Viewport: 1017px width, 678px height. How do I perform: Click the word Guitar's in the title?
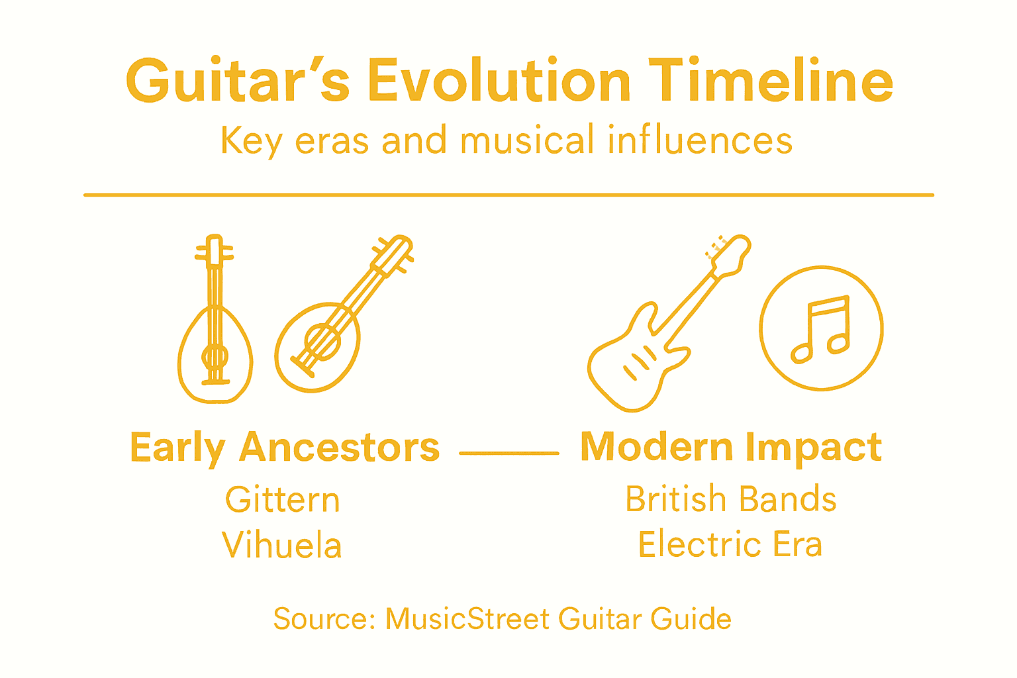[237, 81]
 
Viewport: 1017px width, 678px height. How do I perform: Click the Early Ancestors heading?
[285, 448]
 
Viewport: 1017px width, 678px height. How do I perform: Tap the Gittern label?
[283, 499]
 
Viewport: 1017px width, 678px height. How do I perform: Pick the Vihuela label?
[282, 546]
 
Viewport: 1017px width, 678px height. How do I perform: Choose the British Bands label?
[731, 499]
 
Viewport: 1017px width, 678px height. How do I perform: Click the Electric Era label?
[730, 544]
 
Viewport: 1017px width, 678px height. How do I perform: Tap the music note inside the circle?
[821, 328]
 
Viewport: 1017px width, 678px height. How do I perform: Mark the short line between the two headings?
[509, 453]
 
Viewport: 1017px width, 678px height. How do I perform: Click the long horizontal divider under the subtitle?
[508, 195]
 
